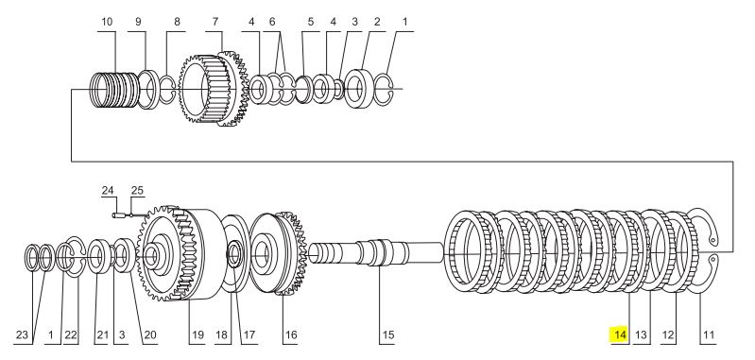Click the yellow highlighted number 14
click(619, 334)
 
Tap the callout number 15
click(388, 335)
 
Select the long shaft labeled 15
click(375, 252)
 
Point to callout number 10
click(107, 22)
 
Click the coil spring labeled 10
click(114, 90)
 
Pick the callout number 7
click(215, 22)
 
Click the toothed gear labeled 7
click(214, 90)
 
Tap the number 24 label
click(108, 191)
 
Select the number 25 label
click(137, 191)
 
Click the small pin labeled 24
click(118, 215)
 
